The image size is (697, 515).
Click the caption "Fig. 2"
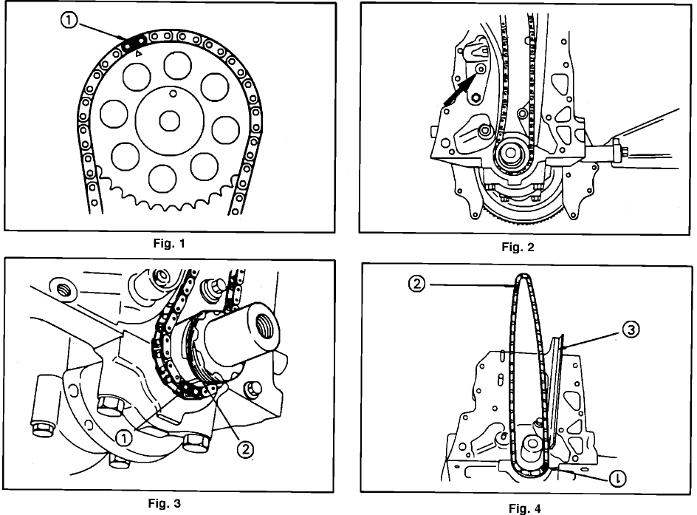pos(517,248)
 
